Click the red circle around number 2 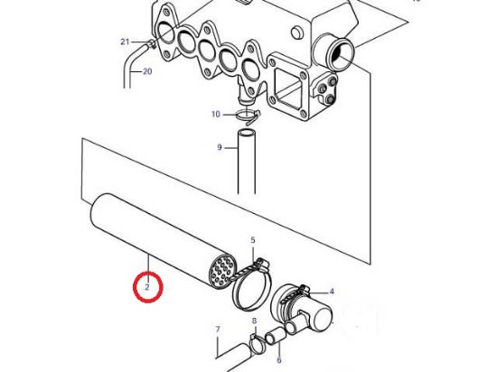pos(148,287)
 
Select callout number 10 pos(216,114)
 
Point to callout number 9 pos(220,147)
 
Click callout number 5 pos(253,240)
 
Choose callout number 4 pos(332,292)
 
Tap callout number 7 pos(218,329)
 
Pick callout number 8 pos(255,321)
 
